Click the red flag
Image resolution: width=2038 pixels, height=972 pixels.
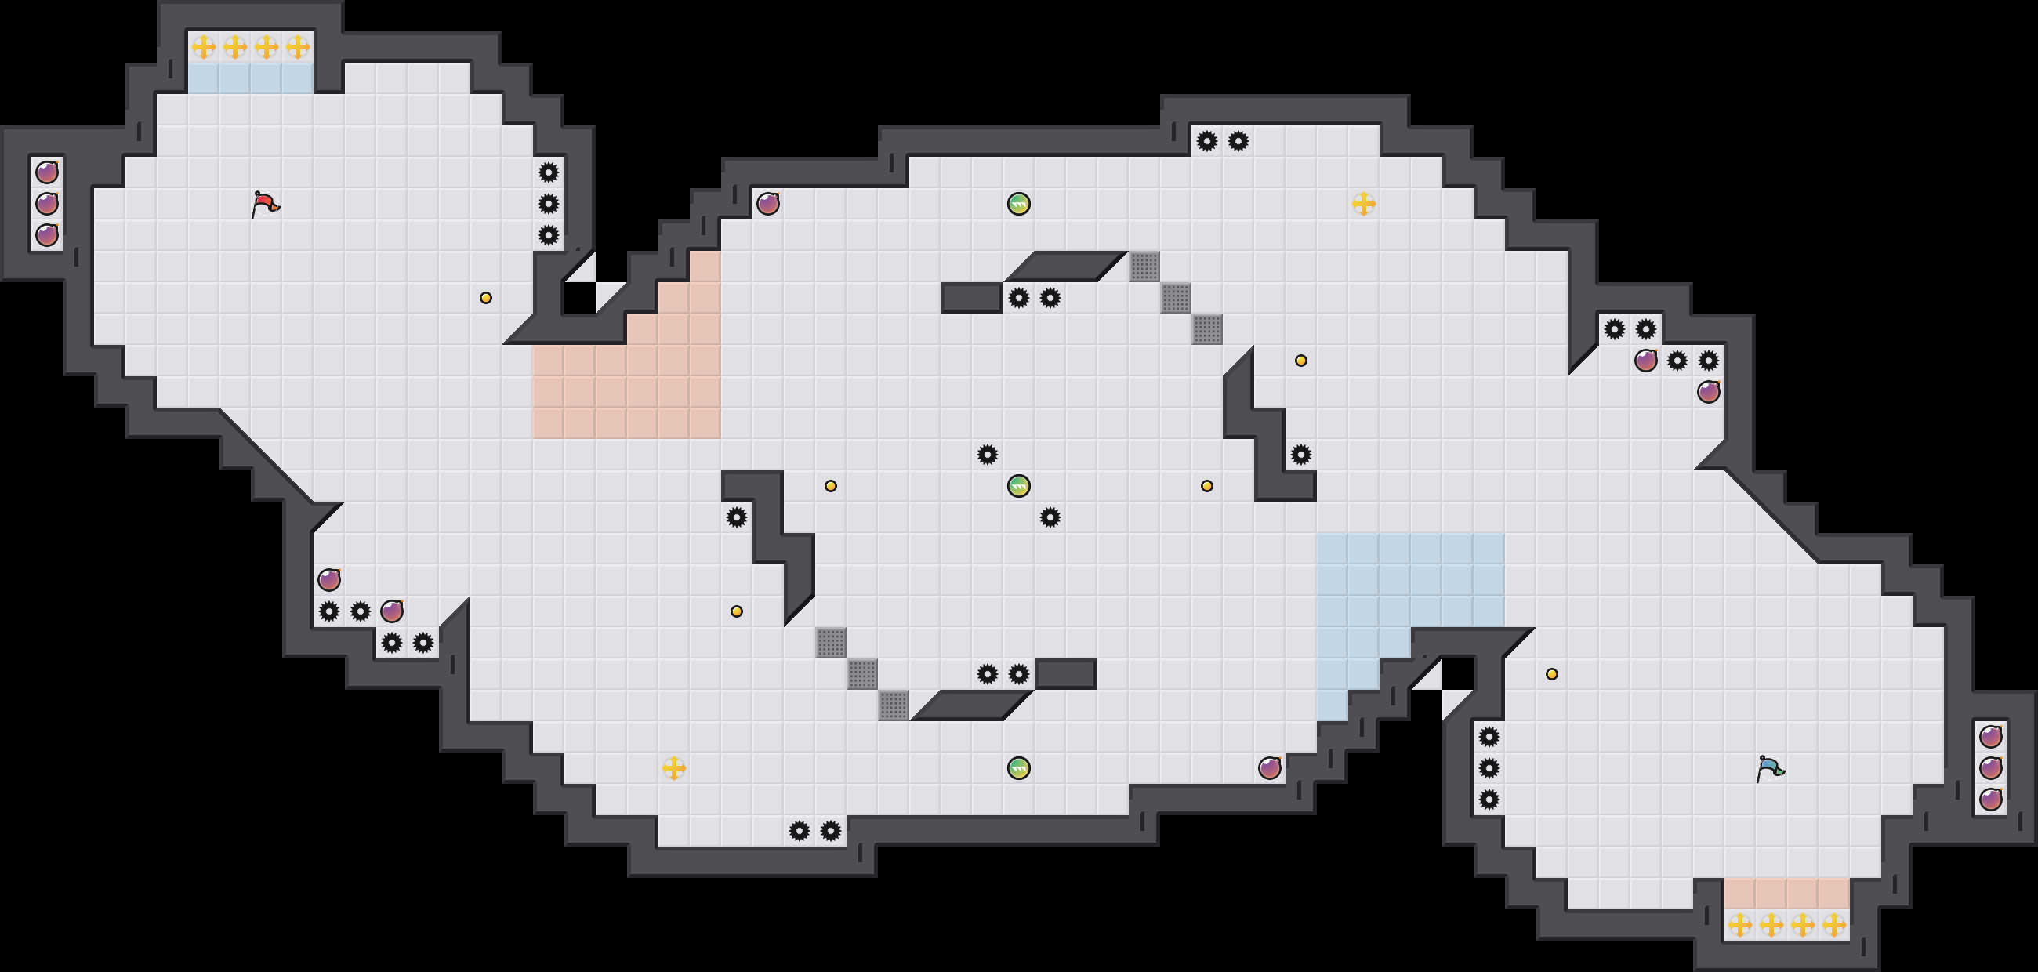(x=265, y=204)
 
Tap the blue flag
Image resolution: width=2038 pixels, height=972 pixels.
(x=1770, y=768)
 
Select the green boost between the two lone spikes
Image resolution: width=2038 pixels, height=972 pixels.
(x=1019, y=485)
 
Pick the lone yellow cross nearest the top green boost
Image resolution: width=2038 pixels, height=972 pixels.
(x=1363, y=204)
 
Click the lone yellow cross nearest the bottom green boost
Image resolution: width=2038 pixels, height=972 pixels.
(x=673, y=767)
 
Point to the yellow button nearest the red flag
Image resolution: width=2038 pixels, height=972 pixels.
(x=486, y=298)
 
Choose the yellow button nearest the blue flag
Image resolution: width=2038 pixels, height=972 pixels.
(x=1551, y=674)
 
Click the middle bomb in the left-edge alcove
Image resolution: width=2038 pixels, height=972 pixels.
(x=47, y=204)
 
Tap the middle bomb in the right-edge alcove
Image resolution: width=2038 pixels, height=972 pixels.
(x=1990, y=768)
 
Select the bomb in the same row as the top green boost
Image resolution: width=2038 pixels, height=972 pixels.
(x=767, y=204)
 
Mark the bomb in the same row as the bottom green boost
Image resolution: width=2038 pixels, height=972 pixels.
(x=1269, y=768)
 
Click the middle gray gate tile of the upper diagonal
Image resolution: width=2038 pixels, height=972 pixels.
(x=1176, y=298)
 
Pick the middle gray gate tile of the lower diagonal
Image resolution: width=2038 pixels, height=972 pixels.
(x=862, y=674)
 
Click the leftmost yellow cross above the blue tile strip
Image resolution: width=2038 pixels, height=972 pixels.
(x=203, y=48)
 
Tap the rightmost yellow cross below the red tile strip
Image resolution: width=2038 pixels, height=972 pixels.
(x=1833, y=923)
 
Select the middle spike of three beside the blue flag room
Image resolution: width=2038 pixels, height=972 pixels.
(x=1489, y=768)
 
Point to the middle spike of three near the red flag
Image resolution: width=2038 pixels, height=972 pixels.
(x=548, y=204)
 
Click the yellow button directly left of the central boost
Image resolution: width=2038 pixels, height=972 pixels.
(x=831, y=485)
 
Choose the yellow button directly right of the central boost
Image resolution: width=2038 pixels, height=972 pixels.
(x=1206, y=485)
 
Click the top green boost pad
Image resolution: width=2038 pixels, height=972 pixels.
(x=1019, y=204)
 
